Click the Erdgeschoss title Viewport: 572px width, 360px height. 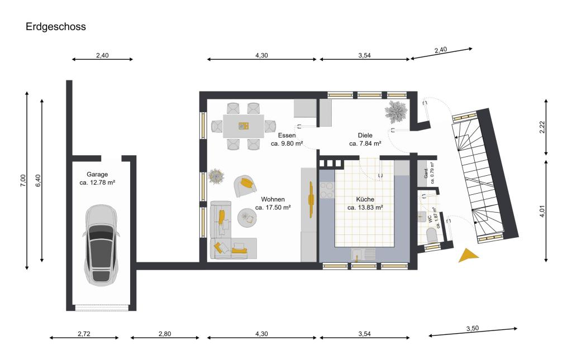(55, 26)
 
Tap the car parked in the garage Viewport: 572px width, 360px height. (101, 243)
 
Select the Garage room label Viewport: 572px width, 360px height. (97, 174)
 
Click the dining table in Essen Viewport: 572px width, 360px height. (244, 126)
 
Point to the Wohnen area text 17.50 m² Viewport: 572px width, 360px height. (273, 207)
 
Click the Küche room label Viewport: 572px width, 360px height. (365, 199)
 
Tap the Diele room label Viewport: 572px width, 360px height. (365, 136)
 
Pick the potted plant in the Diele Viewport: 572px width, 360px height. (397, 112)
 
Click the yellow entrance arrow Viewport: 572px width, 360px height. (467, 256)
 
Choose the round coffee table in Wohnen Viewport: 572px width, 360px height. (247, 218)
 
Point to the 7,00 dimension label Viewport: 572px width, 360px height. (23, 180)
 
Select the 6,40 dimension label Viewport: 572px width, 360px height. (38, 180)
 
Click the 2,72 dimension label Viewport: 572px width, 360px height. (84, 334)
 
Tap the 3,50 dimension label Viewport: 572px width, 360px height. (473, 329)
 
